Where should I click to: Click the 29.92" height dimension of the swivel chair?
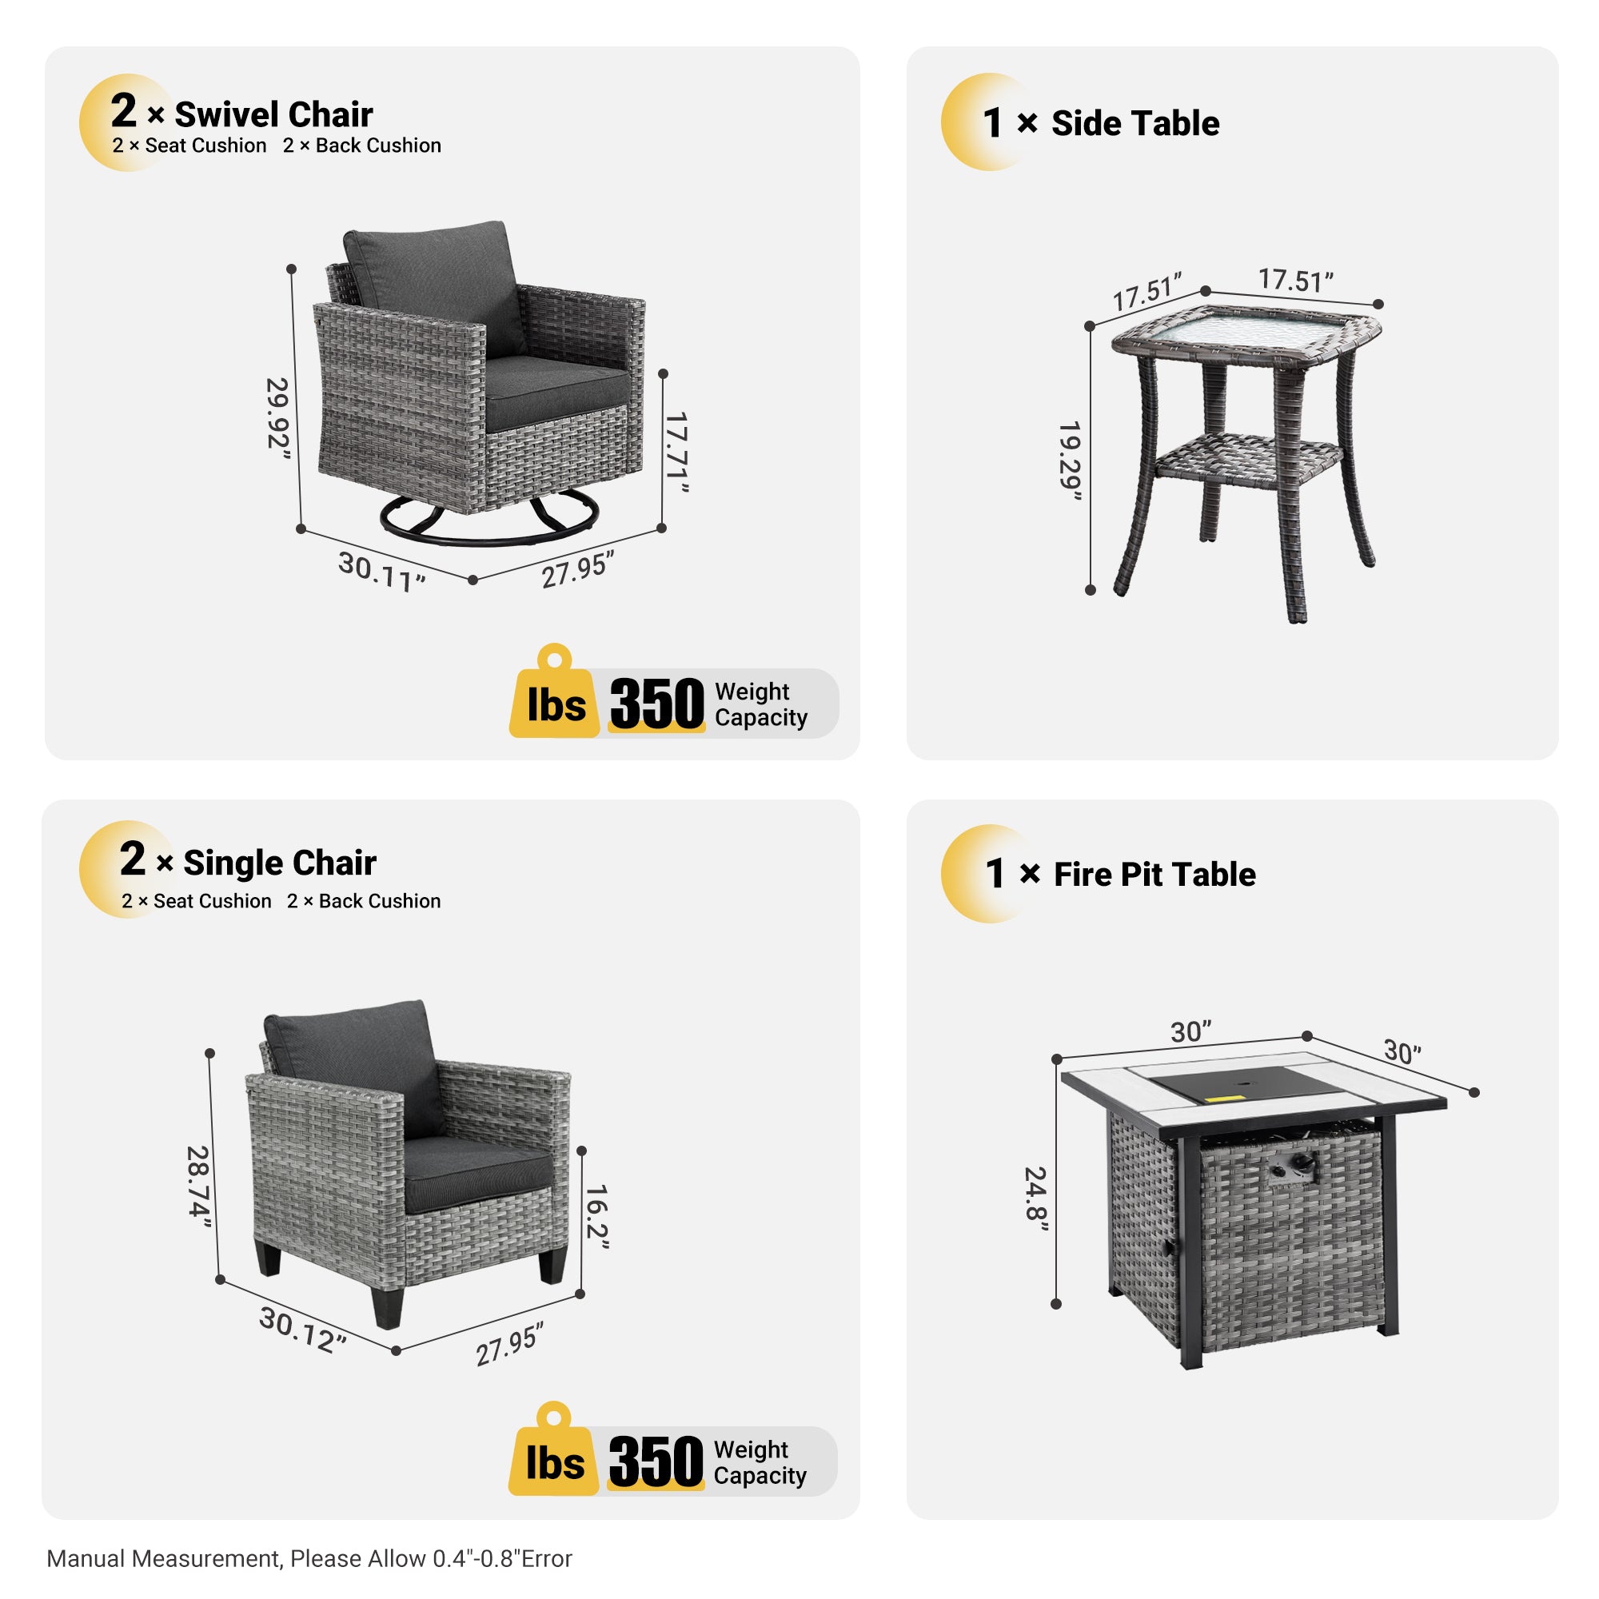pos(278,413)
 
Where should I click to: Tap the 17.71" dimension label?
pos(677,452)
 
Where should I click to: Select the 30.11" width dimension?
pos(381,571)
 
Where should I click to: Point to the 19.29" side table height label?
pos(1071,461)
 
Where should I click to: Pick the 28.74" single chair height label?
pos(198,1182)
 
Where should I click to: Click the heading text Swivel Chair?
pos(273,114)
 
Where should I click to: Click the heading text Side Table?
pos(1134,123)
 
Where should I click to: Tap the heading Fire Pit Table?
pos(1154,875)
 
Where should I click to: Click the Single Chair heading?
pos(279,863)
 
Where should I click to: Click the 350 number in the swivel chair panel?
pos(656,704)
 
